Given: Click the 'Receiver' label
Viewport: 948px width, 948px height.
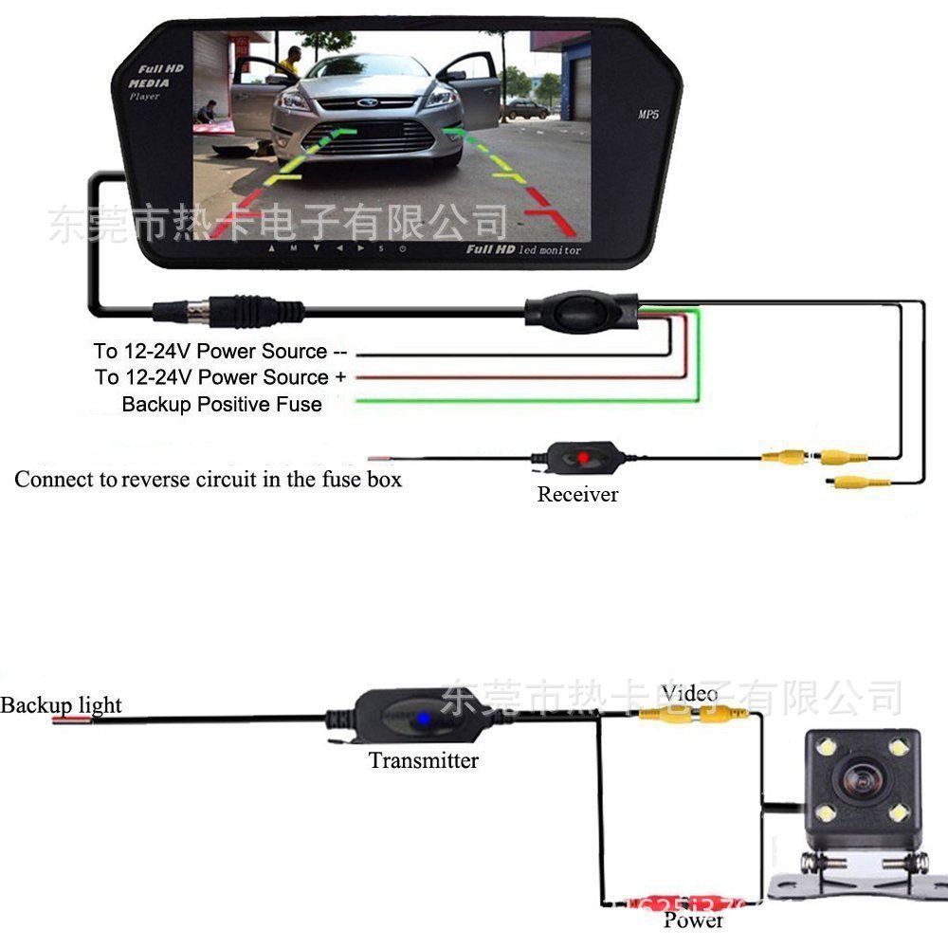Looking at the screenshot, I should click(577, 494).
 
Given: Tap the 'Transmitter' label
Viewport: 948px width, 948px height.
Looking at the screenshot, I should click(424, 760).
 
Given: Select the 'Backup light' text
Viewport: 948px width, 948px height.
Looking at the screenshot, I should click(61, 705).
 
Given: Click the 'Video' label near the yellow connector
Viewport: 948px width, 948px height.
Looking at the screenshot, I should click(689, 693).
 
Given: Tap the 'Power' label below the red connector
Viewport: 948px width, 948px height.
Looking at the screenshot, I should click(693, 920).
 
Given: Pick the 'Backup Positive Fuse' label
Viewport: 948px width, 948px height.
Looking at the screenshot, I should click(222, 405).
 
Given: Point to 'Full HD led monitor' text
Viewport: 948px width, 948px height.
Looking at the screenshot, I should click(522, 249).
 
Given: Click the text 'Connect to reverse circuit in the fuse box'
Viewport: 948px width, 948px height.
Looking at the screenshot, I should click(208, 480).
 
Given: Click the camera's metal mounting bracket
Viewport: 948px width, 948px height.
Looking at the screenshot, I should click(859, 877).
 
